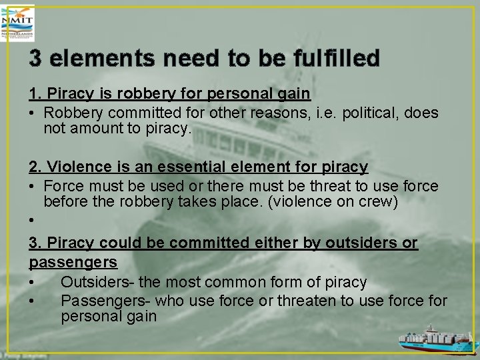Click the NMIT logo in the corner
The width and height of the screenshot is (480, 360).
pos(18,23)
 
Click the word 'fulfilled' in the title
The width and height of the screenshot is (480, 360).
pos(336,58)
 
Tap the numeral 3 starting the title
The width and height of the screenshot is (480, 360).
pos(36,58)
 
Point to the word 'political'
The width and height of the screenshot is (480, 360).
pos(363,113)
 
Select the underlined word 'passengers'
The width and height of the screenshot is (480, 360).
pos(73,262)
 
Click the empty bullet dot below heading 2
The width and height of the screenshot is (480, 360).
pos(32,220)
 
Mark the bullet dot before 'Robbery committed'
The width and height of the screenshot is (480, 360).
pos(32,113)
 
